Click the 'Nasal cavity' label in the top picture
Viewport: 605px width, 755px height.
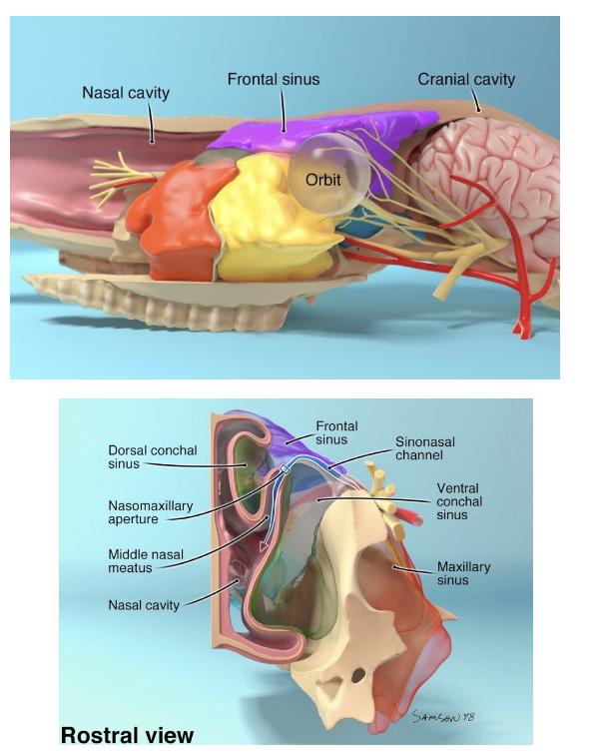pyautogui.click(x=125, y=93)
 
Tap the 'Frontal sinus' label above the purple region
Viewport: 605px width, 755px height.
pyautogui.click(x=273, y=78)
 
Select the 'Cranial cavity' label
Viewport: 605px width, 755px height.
pyautogui.click(x=466, y=78)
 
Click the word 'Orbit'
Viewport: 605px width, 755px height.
pyautogui.click(x=324, y=179)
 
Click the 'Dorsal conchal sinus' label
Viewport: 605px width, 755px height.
pyautogui.click(x=153, y=456)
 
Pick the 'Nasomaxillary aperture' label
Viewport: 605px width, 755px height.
pyautogui.click(x=151, y=512)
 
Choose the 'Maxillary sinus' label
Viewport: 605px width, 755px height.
pyautogui.click(x=463, y=573)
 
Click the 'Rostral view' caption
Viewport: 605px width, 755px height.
pyautogui.click(x=127, y=735)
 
